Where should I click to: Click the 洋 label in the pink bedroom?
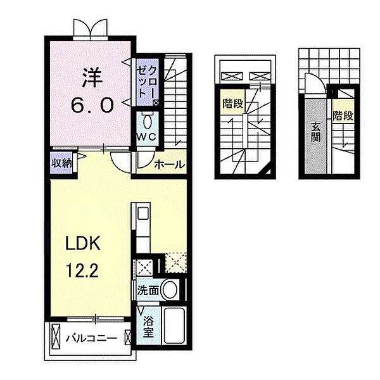pos(92,77)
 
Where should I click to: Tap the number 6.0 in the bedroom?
pos(92,105)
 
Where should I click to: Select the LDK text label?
pos(83,243)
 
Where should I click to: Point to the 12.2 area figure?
pos(82,270)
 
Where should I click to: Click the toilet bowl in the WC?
pos(147,121)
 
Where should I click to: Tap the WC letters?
pos(146,137)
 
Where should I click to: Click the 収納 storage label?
pos(62,163)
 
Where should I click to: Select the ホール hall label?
pos(170,165)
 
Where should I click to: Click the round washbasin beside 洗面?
pos(170,290)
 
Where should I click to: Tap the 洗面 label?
pos(148,290)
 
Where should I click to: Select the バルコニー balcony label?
pos(92,338)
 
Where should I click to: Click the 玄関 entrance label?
pos(316,132)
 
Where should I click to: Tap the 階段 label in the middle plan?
pos(233,104)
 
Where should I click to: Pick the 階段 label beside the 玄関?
pos(343,116)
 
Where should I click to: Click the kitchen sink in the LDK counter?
pos(142,214)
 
